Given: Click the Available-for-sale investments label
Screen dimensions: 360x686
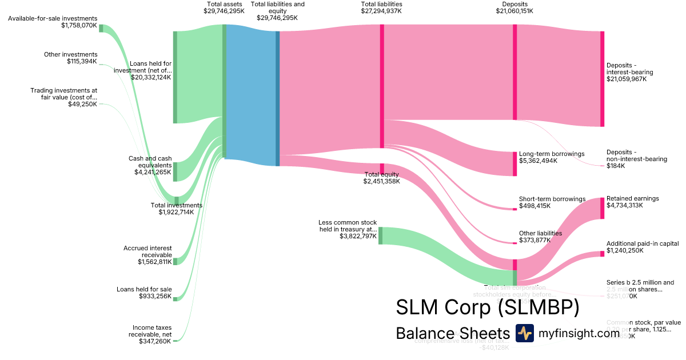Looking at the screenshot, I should [x=53, y=18].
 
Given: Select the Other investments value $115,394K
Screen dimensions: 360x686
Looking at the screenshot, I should [x=82, y=61].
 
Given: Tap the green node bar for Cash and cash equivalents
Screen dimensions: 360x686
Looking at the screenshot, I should [x=175, y=171].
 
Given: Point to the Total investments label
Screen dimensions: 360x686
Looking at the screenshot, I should [x=176, y=205].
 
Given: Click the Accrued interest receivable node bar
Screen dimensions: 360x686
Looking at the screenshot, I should [x=175, y=261].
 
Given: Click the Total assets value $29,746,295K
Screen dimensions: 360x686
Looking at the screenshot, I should [x=224, y=11].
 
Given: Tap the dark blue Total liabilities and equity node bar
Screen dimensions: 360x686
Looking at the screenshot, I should [x=278, y=98].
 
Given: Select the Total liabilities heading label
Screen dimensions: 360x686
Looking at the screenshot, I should [x=381, y=4].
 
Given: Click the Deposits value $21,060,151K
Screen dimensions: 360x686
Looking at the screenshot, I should [x=514, y=11].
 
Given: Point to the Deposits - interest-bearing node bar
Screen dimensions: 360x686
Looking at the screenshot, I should [x=602, y=79].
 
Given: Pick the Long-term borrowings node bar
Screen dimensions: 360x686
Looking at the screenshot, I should [x=514, y=163].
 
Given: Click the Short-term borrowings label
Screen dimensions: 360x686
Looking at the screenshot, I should [x=552, y=199].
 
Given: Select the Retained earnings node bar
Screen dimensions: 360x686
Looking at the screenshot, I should [x=602, y=208].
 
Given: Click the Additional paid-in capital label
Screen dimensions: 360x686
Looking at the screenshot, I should [x=643, y=243].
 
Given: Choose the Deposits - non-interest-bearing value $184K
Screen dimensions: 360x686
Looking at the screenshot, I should [x=616, y=166].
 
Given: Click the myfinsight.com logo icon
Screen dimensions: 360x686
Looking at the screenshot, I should [x=524, y=333].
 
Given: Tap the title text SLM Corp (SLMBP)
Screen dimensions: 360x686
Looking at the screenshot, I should [x=488, y=307].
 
